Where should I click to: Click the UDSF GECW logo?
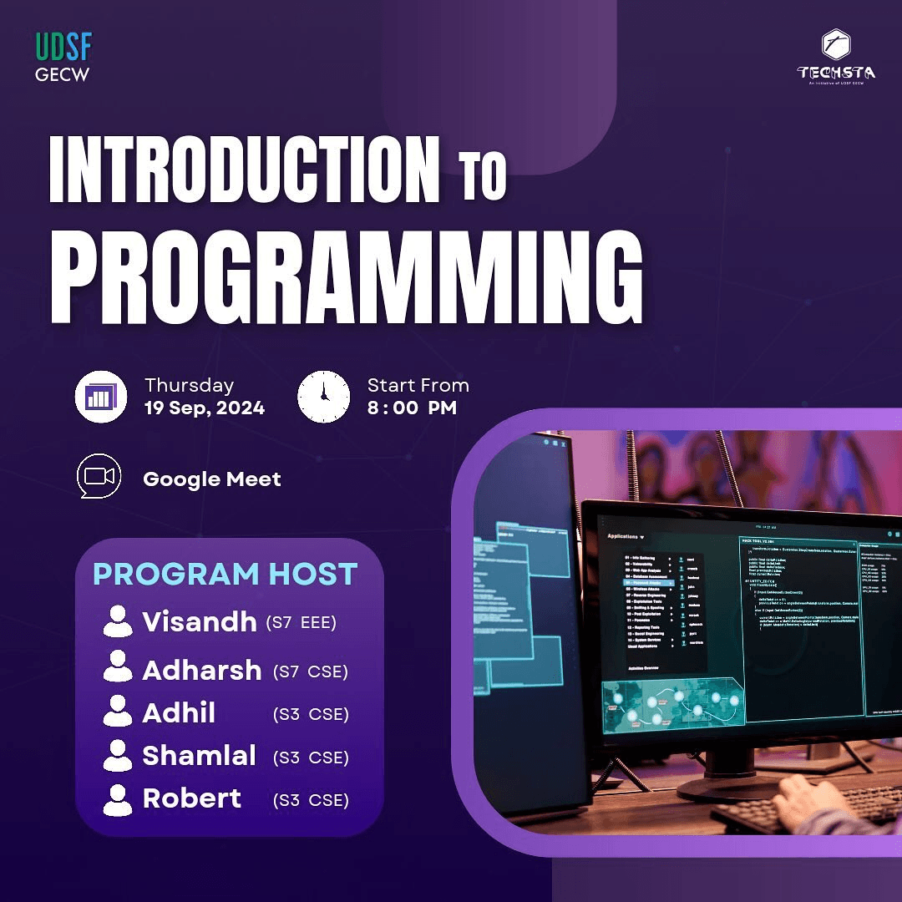tap(63, 57)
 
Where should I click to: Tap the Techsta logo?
tap(836, 57)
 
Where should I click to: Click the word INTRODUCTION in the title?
tap(244, 171)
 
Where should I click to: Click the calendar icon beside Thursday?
tap(100, 397)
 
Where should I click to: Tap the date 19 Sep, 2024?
tap(204, 408)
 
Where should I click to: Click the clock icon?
tap(323, 397)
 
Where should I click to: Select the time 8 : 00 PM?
tap(411, 408)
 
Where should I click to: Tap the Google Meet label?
tap(212, 479)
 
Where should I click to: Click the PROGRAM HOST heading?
tap(225, 574)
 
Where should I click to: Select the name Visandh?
tap(199, 621)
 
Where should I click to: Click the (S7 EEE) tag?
tap(301, 623)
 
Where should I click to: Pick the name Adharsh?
tap(201, 670)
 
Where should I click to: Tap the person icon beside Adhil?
tap(117, 712)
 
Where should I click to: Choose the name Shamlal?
tap(199, 755)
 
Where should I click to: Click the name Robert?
tap(191, 798)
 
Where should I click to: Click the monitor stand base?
tap(735, 785)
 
